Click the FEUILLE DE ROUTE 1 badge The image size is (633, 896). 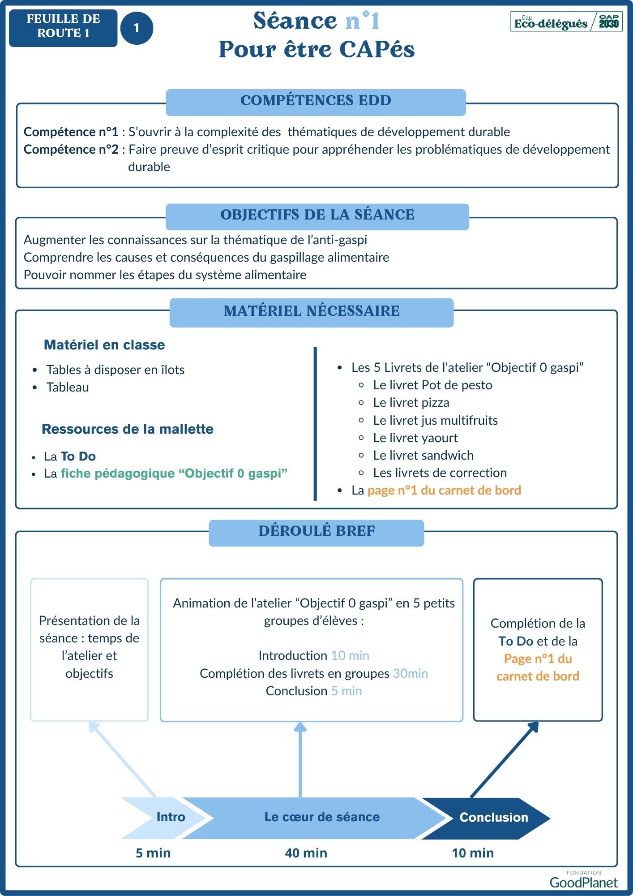click(x=63, y=28)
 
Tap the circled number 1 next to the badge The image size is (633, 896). click(x=137, y=28)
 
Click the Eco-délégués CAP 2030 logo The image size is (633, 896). click(x=566, y=22)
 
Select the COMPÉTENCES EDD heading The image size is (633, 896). click(x=316, y=101)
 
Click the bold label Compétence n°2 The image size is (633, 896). click(x=71, y=150)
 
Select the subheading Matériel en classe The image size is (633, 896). click(x=104, y=345)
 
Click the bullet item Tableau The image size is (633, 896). click(x=68, y=388)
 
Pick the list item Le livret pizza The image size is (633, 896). click(x=411, y=403)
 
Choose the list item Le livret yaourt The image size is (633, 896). click(x=415, y=438)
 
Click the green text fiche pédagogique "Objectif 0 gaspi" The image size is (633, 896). click(x=174, y=474)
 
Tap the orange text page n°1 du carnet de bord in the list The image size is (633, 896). click(x=444, y=491)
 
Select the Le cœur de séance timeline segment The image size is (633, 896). click(x=321, y=817)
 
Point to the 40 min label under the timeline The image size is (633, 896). click(x=306, y=853)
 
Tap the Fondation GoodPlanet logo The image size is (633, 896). click(x=583, y=881)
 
